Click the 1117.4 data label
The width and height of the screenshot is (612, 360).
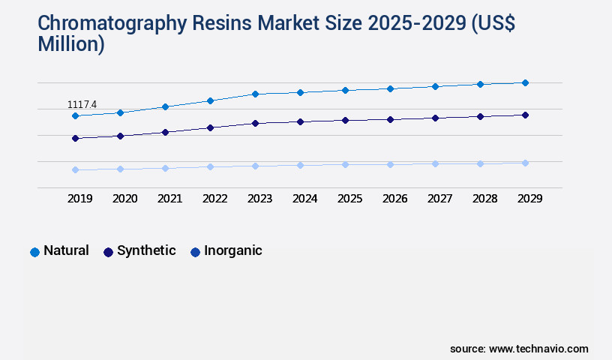tap(82, 104)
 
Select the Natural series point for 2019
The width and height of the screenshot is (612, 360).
tap(75, 116)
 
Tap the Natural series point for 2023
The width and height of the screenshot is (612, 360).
tap(255, 94)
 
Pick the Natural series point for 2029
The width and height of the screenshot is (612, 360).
tap(525, 82)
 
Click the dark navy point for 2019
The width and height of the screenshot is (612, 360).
tap(75, 139)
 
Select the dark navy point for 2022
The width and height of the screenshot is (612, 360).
tap(210, 127)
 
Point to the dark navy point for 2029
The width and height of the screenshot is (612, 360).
tap(525, 115)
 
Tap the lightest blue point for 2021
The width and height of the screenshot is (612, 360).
tap(165, 168)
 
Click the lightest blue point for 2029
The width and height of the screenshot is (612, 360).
tap(525, 163)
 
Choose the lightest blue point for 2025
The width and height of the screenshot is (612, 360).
tap(345, 164)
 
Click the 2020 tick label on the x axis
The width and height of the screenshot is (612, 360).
tap(124, 199)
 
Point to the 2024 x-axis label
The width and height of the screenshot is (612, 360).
tap(304, 199)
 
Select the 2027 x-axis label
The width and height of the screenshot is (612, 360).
tap(439, 199)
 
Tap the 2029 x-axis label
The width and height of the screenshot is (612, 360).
tap(529, 199)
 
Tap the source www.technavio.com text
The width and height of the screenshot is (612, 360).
tap(519, 349)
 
